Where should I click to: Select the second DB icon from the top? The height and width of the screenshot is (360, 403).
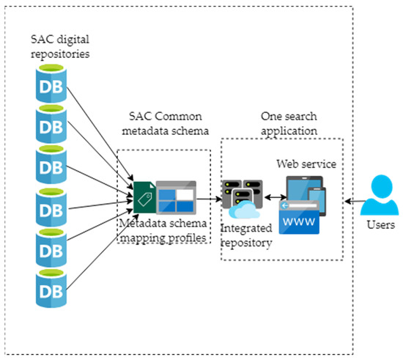pyautogui.click(x=49, y=125)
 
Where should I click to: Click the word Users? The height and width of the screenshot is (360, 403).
pyautogui.click(x=380, y=225)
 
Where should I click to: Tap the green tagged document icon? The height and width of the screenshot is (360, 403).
pyautogui.click(x=143, y=197)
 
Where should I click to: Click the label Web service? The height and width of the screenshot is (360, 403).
pyautogui.click(x=306, y=164)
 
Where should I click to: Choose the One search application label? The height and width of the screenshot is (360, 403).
pyautogui.click(x=286, y=124)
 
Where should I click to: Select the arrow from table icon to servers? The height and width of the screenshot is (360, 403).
pyautogui.click(x=210, y=198)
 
